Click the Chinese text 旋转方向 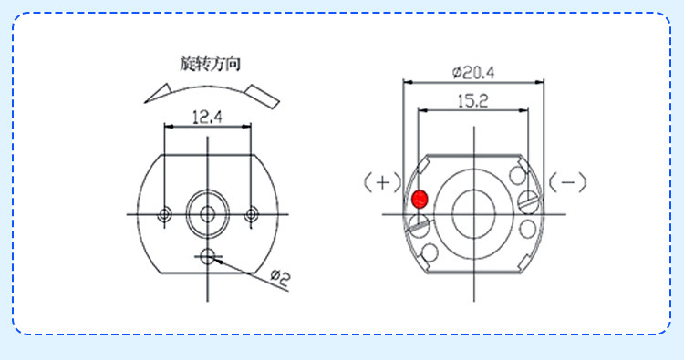point(211,64)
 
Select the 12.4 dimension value point(207,118)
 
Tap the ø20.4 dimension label point(473,72)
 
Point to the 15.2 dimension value point(472,101)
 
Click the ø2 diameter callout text point(280,278)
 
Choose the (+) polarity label point(382,182)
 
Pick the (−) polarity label point(567,182)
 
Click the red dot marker point(420,200)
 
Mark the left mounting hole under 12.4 point(164,214)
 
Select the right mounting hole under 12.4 point(251,214)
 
